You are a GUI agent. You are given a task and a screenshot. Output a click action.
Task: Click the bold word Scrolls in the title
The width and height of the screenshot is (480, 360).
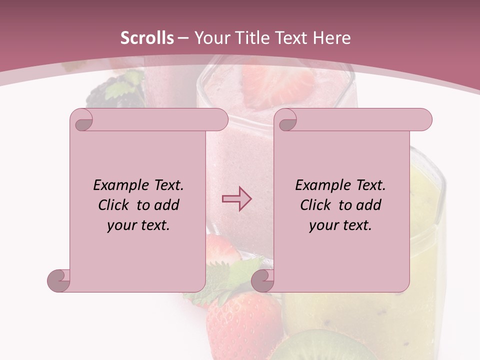[x=147, y=38]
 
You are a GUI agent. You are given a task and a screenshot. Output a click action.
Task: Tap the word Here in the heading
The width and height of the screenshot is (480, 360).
[x=332, y=38]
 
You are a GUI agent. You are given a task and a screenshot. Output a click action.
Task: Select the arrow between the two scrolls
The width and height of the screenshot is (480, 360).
[x=236, y=199]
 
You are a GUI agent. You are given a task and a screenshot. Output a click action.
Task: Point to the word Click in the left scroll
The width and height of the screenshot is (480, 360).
[x=114, y=205]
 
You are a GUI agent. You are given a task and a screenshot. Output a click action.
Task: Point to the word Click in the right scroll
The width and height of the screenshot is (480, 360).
[x=316, y=205]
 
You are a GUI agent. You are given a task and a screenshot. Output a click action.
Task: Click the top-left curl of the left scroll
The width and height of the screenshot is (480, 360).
[x=82, y=120]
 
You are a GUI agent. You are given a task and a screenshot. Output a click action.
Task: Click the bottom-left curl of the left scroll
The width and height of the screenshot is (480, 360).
[x=59, y=280]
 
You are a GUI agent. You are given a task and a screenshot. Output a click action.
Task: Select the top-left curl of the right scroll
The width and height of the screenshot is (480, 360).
[x=286, y=120]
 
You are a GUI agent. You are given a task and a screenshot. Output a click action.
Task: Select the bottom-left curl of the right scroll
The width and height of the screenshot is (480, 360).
[x=262, y=280]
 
